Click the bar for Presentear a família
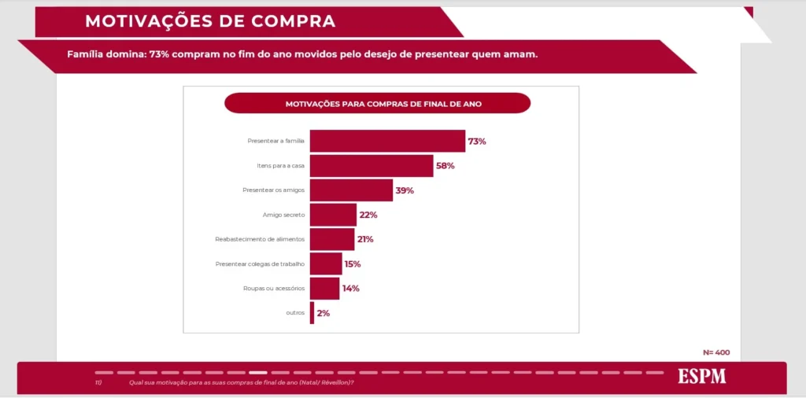coord(387,141)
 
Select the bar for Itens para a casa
coord(371,166)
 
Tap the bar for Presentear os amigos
coord(351,190)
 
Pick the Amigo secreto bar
coord(333,215)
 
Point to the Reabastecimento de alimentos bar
coord(332,239)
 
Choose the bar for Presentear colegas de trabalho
coord(326,263)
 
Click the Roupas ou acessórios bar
coord(324,288)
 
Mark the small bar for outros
coord(312,312)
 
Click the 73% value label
coord(477,142)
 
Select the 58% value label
coord(446,166)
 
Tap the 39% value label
coord(405,190)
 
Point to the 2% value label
coord(323,313)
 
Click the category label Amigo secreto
coord(283,215)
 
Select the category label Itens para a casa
coord(280,166)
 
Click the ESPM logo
coord(702,377)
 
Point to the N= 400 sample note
coord(716,352)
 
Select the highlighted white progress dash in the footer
coord(257,372)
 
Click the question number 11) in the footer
coord(98,383)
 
